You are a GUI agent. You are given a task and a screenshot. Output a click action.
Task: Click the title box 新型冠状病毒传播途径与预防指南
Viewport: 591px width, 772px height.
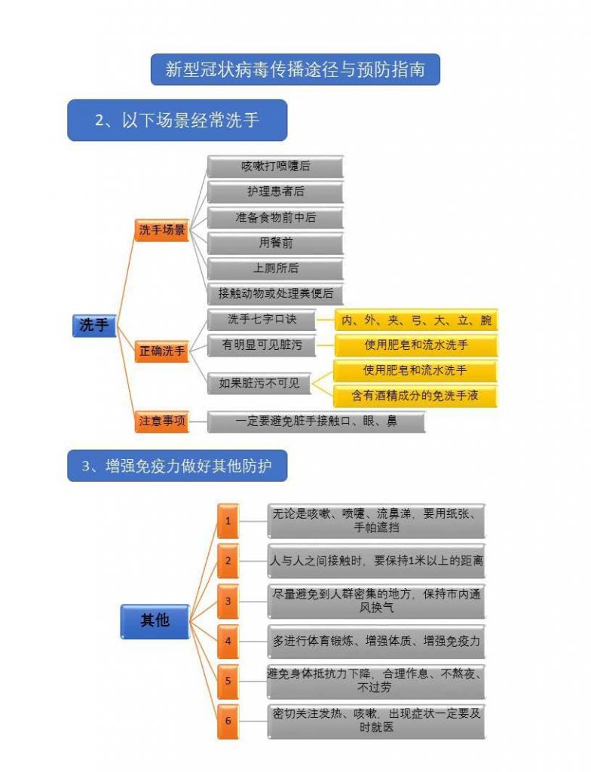[x=295, y=69]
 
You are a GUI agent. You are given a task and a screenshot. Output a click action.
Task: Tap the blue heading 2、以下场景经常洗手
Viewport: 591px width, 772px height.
[x=177, y=120]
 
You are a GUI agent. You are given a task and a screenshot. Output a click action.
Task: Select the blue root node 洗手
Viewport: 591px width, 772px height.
[x=94, y=325]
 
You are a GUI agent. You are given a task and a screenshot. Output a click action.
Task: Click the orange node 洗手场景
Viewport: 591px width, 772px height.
[x=162, y=230]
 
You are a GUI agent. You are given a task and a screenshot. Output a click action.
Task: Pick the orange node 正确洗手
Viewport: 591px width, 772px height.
[x=162, y=351]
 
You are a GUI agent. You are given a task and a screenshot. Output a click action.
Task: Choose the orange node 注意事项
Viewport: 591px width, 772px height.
[x=162, y=421]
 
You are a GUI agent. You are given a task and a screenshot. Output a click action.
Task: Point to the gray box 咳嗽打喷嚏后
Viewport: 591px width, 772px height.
[x=275, y=167]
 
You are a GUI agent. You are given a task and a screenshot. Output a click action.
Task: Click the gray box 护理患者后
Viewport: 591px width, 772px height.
[x=275, y=192]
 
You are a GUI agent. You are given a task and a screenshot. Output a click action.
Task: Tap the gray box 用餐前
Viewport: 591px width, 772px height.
[x=275, y=243]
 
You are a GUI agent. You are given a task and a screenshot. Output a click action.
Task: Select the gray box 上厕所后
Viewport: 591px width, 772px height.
[x=275, y=268]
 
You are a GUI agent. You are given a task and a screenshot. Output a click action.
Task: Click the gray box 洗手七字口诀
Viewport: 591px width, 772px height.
[x=262, y=320]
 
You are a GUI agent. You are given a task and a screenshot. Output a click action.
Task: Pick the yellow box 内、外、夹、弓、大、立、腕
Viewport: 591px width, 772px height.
[x=416, y=320]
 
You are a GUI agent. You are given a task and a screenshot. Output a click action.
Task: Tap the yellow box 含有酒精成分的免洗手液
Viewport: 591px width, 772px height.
[x=416, y=395]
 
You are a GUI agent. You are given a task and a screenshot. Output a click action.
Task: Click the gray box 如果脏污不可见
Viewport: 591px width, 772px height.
[x=259, y=383]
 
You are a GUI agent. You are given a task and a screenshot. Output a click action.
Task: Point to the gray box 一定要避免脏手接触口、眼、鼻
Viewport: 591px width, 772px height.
[x=316, y=421]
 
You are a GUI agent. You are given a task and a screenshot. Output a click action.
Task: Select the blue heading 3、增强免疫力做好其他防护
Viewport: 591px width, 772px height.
[x=177, y=466]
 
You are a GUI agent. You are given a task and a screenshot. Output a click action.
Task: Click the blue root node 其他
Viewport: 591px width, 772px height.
[x=155, y=621]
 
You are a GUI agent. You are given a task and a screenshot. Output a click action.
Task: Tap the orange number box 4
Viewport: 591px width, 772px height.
[x=228, y=642]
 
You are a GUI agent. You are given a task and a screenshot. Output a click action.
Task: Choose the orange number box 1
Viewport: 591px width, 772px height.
[x=228, y=521]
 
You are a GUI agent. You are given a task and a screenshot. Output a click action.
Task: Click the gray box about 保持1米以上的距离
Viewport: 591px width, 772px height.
[x=376, y=561]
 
